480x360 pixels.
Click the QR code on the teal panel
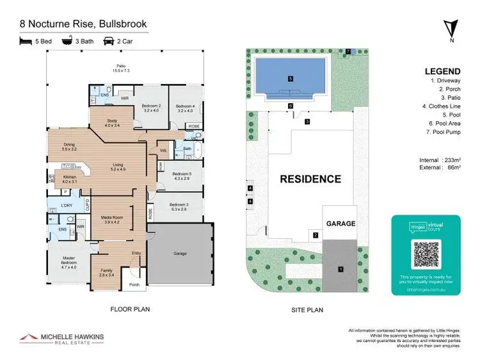426,254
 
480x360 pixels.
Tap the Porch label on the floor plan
134,285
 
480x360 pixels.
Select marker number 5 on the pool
290,79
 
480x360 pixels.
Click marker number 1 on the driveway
340,269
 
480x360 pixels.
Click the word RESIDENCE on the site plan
310,179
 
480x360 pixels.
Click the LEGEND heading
442,71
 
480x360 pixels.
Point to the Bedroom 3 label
179,206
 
